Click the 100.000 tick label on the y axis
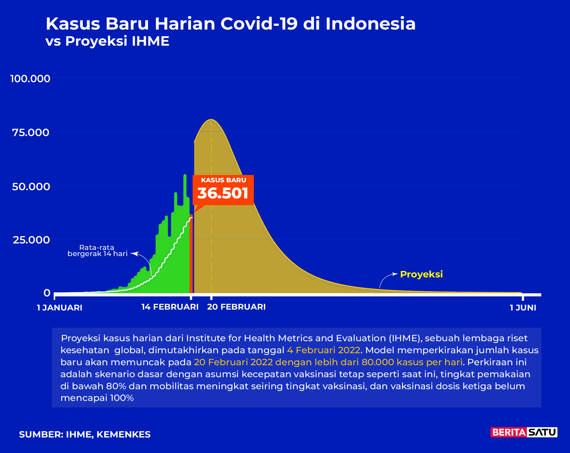click(x=30, y=78)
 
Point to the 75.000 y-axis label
click(x=31, y=132)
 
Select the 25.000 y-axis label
click(x=31, y=240)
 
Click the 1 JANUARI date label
click(x=59, y=308)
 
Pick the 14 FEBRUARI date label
click(x=170, y=307)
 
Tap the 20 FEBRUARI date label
click(x=236, y=307)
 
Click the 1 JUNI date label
click(x=523, y=308)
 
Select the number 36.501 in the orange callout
click(x=223, y=193)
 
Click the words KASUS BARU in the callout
click(x=224, y=180)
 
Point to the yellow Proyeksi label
click(x=421, y=274)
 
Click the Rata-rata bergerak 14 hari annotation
click(x=97, y=251)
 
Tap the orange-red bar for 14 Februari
click(x=191, y=254)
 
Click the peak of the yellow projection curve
click(x=211, y=120)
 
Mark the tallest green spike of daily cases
click(x=185, y=176)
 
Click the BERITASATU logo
click(x=524, y=432)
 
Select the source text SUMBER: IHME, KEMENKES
click(x=85, y=435)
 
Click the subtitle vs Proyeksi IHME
click(x=108, y=41)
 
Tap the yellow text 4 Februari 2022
click(x=324, y=350)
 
